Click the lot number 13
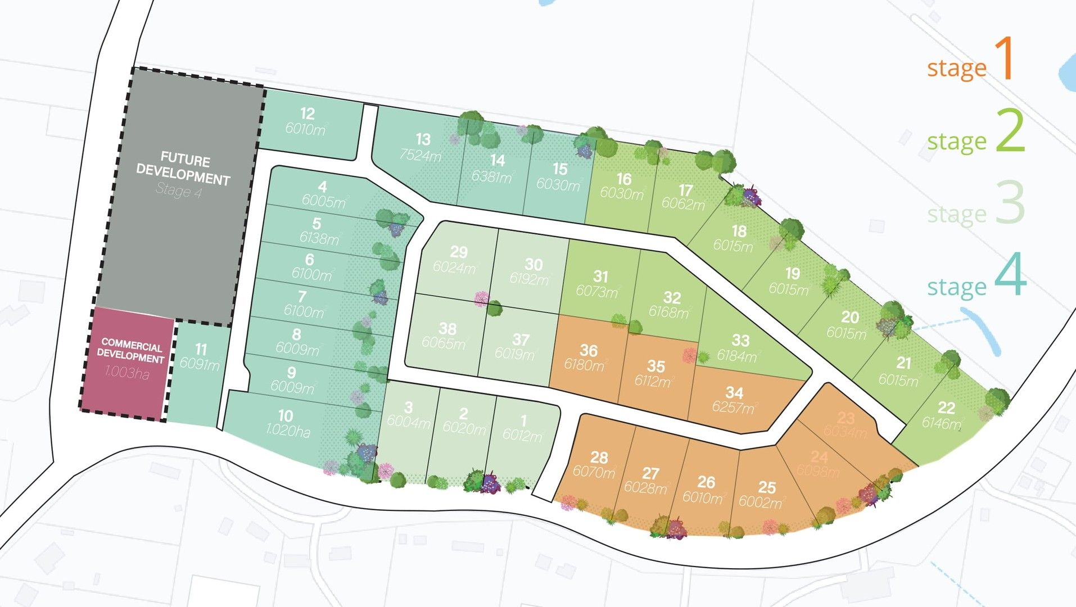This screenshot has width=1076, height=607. click(x=423, y=139)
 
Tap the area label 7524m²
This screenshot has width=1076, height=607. click(x=420, y=155)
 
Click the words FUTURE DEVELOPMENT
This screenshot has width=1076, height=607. click(x=184, y=169)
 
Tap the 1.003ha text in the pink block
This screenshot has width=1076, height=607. click(x=127, y=372)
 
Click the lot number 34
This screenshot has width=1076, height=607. click(x=734, y=392)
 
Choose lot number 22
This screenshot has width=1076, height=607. click(x=946, y=407)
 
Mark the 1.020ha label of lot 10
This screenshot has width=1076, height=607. click(x=287, y=431)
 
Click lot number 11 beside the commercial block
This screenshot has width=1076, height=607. click(x=201, y=350)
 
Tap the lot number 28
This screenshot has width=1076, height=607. click(x=599, y=457)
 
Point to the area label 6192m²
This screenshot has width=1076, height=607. click(x=529, y=279)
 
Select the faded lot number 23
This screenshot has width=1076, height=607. click(x=846, y=418)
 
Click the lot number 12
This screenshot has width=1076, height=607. click(x=307, y=114)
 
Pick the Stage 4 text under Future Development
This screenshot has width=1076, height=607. click(x=179, y=191)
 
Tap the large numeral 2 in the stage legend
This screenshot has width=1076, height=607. click(x=1010, y=131)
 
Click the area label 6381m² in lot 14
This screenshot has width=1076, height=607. click(x=492, y=177)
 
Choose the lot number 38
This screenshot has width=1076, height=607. click(x=447, y=328)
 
